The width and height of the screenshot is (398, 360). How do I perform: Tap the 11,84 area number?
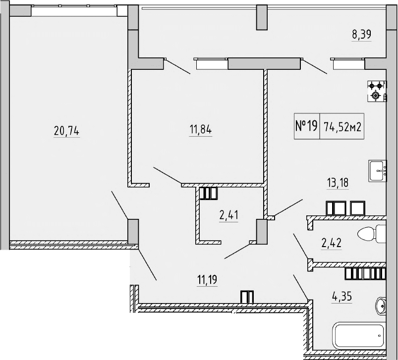pyautogui.click(x=200, y=131)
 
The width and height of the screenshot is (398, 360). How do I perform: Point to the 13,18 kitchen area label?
pyautogui.click(x=337, y=183)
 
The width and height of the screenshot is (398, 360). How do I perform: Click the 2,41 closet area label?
pyautogui.click(x=229, y=215)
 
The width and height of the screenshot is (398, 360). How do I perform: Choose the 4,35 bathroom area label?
pyautogui.click(x=341, y=299)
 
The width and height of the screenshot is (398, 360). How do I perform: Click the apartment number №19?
pyautogui.click(x=306, y=126)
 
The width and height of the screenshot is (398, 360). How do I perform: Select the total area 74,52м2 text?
pyautogui.click(x=342, y=126)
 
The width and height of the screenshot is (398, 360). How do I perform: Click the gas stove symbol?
pyautogui.click(x=376, y=91)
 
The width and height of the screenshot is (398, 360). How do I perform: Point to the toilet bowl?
pyautogui.click(x=371, y=233)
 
